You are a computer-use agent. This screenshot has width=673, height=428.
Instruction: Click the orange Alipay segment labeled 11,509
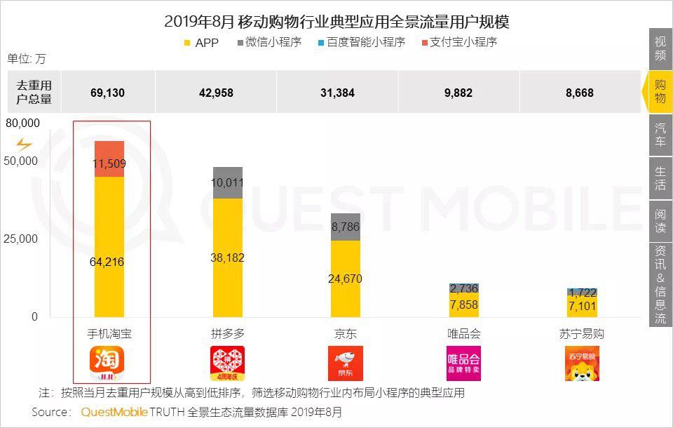109,159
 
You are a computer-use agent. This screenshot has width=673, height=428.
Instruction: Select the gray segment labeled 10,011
228,183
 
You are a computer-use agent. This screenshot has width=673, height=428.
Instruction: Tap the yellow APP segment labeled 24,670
346,279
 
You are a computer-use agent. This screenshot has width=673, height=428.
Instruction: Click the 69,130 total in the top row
107,93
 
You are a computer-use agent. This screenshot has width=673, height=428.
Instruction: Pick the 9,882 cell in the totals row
458,93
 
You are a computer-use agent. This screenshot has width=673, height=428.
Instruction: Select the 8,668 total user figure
580,93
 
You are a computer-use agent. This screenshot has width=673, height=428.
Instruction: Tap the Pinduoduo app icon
228,363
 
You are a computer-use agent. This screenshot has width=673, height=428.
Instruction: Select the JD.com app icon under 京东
346,363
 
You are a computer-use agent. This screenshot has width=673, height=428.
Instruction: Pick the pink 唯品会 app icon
463,363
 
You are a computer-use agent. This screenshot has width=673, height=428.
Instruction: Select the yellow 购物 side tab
660,91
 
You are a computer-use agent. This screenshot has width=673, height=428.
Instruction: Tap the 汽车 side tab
660,134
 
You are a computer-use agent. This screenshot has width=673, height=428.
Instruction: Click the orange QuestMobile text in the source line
114,412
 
